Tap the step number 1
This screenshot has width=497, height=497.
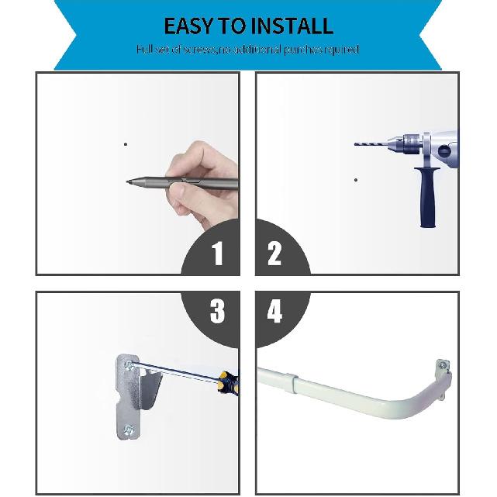coord(217,254)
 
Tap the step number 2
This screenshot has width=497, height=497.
coord(274,254)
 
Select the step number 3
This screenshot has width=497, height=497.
coord(217,312)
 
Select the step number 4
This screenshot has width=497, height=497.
coord(274,312)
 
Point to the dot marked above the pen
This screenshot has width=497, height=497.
coord(126,143)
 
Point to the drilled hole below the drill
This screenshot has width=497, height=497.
coord(356,180)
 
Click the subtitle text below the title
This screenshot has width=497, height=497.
coord(248,50)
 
